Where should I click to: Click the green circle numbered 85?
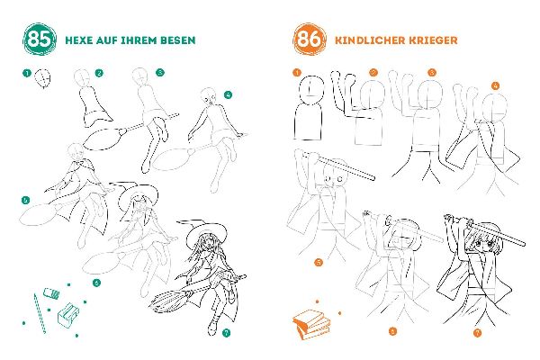tap(39, 40)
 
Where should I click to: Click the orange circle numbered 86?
tap(308, 40)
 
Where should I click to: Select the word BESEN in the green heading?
tap(176, 40)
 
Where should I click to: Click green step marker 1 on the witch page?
tap(28, 73)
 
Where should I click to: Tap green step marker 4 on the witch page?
tap(229, 94)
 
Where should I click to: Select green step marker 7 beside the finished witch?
tap(226, 332)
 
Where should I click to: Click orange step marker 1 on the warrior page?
tap(296, 71)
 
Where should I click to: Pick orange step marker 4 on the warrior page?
tap(495, 85)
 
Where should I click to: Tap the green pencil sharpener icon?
tap(67, 315)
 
